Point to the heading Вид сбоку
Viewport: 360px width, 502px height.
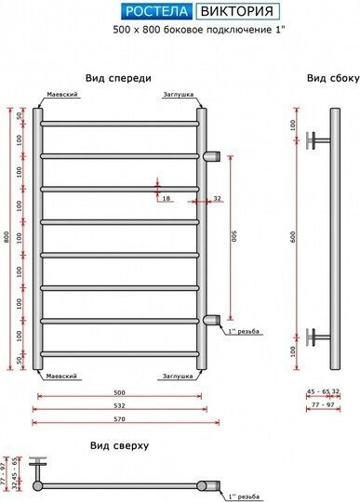pos(332,78)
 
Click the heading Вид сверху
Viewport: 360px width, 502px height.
pos(119,445)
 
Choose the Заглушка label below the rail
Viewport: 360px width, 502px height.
pos(177,376)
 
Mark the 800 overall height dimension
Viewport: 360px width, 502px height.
pos(7,236)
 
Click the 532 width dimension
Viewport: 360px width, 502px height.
pos(119,405)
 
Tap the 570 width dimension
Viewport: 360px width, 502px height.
pos(119,419)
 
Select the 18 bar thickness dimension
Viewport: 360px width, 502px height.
pos(166,198)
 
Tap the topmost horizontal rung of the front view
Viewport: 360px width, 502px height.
pos(119,122)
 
